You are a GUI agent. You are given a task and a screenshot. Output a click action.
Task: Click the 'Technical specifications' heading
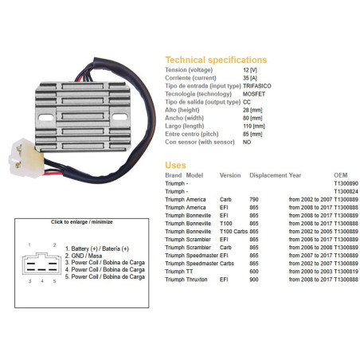[216, 60]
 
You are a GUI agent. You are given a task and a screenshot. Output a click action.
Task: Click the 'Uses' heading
[175, 165]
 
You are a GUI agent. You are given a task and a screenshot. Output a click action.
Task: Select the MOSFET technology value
[254, 94]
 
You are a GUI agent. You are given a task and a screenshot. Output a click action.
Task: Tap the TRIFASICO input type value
[256, 86]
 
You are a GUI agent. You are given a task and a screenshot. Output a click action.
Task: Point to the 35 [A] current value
[250, 78]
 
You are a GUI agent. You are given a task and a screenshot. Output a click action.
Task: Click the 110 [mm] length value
[254, 126]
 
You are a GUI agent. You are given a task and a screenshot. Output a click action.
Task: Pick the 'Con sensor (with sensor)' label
[200, 142]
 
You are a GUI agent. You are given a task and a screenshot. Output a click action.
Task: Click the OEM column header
[341, 175]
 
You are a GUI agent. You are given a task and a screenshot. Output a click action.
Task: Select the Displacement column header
[268, 175]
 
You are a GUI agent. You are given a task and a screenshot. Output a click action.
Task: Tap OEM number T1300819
[346, 272]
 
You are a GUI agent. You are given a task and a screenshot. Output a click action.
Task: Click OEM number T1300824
[346, 191]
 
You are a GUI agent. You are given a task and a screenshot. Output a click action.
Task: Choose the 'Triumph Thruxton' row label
[186, 280]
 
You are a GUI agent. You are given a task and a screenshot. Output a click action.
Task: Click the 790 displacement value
[254, 199]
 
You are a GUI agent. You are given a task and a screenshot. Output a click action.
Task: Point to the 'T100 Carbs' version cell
[233, 232]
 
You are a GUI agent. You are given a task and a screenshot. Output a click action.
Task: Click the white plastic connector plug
[26, 158]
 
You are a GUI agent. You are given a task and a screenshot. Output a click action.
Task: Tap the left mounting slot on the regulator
[46, 117]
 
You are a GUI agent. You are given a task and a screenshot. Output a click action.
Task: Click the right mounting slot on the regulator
[119, 117]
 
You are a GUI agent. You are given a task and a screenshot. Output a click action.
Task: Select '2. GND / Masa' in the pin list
[84, 256]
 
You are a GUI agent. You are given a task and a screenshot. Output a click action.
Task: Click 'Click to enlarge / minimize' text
[82, 222]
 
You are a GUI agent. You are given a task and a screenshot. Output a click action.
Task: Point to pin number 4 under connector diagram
[42, 281]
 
